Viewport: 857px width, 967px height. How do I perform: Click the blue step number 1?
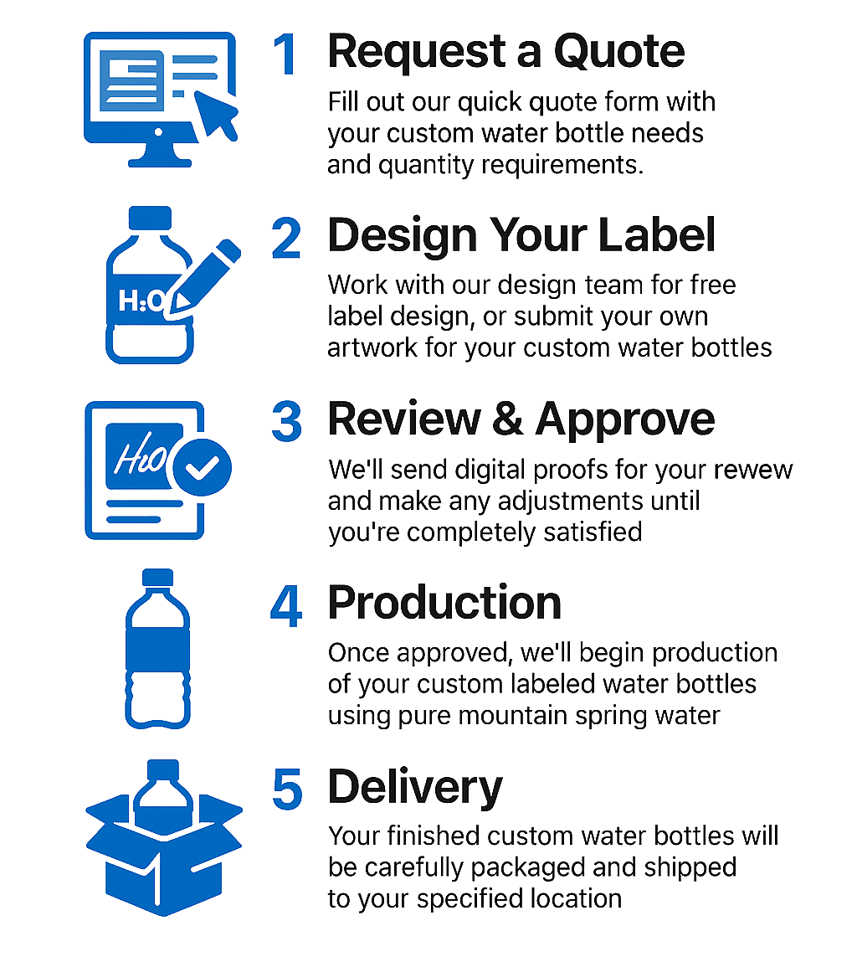pyautogui.click(x=286, y=55)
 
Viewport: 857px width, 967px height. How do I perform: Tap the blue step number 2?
pyautogui.click(x=286, y=238)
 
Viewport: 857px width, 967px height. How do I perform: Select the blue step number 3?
pyautogui.click(x=286, y=421)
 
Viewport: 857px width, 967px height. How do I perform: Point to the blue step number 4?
pyautogui.click(x=286, y=606)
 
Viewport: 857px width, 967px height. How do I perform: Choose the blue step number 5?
pyautogui.click(x=286, y=790)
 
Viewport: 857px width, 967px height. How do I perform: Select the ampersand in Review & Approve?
pyautogui.click(x=507, y=419)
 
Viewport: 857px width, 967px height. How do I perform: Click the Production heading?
pyautogui.click(x=444, y=603)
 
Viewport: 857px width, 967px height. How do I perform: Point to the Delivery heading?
pyautogui.click(x=415, y=787)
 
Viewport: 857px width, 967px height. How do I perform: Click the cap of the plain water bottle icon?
pyautogui.click(x=157, y=578)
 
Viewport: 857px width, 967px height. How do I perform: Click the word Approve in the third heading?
pyautogui.click(x=624, y=419)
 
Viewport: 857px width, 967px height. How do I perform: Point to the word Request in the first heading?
pyautogui.click(x=413, y=52)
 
